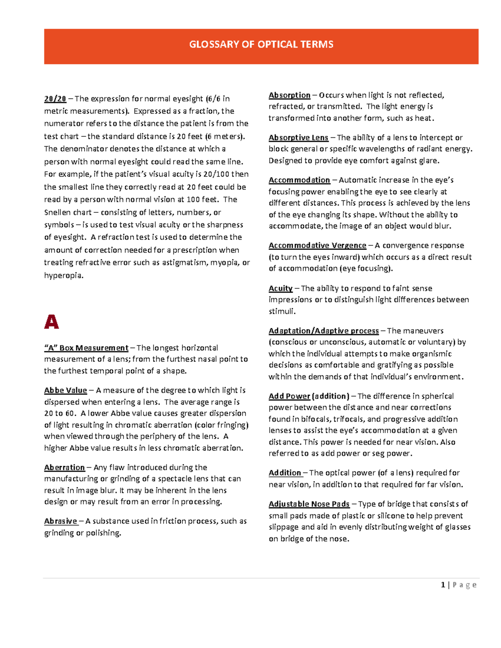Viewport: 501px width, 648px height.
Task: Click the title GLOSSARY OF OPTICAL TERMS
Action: (261, 45)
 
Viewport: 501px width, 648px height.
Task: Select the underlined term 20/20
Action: (55, 99)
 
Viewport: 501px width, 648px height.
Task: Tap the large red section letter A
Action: (51, 322)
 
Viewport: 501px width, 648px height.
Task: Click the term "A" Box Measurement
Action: (86, 348)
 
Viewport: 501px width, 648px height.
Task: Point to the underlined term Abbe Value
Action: (66, 391)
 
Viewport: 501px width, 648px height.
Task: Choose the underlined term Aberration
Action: (64, 468)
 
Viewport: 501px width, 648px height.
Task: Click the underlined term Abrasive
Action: (61, 521)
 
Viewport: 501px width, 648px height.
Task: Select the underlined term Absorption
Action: (289, 95)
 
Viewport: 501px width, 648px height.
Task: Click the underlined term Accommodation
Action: (299, 180)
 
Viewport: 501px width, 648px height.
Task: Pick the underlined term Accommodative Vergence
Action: (317, 246)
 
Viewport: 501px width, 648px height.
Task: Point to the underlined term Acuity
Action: (281, 288)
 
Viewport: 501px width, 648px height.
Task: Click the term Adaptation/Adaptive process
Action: (324, 331)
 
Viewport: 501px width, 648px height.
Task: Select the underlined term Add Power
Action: (289, 396)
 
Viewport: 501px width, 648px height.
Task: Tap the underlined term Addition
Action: (285, 473)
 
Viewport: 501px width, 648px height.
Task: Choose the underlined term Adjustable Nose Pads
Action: (309, 504)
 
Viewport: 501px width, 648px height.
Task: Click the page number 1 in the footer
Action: (443, 585)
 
